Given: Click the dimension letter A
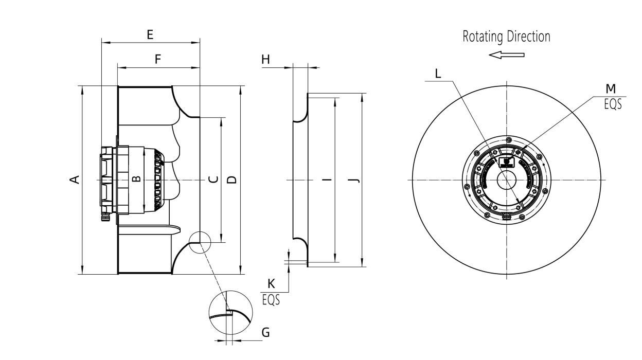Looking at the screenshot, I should [75, 179].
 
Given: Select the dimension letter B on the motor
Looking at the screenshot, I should [136, 179].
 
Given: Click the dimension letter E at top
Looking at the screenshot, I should [150, 35].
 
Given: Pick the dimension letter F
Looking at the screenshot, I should [158, 59].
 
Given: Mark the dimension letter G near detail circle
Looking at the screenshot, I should [265, 333].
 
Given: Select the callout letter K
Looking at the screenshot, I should [271, 283].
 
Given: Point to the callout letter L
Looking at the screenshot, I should [438, 74].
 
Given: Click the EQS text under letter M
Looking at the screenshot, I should [612, 103].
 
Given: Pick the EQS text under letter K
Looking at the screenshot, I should [271, 299].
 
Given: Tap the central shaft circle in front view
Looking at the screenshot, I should [506, 179].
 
